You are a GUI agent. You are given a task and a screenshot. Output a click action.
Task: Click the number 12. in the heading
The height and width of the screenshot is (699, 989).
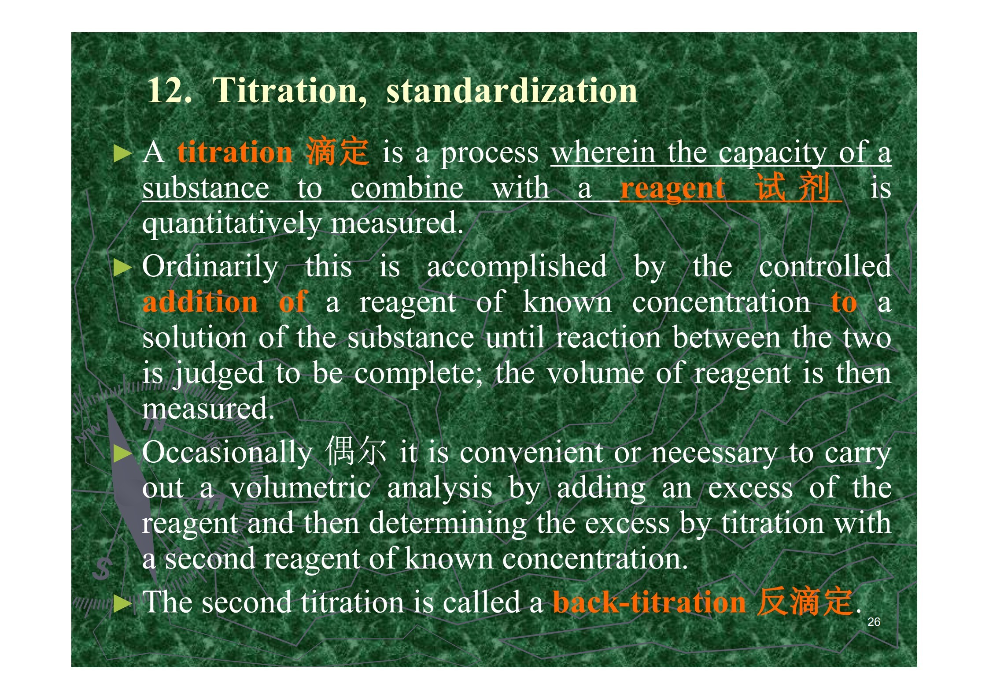click(x=170, y=90)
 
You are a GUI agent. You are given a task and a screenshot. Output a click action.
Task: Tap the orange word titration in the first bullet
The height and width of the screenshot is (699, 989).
click(x=235, y=152)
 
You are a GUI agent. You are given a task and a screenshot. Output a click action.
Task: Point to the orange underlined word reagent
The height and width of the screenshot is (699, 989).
click(x=672, y=189)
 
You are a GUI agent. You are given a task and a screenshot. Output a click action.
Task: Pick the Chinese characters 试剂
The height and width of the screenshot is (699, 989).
click(x=793, y=187)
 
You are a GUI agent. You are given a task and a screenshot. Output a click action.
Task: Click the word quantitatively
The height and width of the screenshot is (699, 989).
click(x=232, y=224)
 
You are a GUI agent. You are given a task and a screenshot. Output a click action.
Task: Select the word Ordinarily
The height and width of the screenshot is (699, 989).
click(x=210, y=267)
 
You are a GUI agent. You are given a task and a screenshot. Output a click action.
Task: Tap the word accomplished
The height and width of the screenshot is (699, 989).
click(x=517, y=267)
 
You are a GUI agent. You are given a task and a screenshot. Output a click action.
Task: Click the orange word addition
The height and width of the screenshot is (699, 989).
click(x=200, y=302)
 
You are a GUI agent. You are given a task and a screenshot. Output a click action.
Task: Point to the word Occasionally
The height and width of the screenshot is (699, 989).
click(x=227, y=453)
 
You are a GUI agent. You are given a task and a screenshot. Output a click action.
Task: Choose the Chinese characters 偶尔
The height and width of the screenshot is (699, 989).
click(x=356, y=451)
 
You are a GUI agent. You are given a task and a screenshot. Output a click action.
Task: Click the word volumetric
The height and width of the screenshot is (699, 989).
click(x=300, y=488)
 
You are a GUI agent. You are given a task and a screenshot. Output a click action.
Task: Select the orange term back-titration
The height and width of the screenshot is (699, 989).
click(x=649, y=602)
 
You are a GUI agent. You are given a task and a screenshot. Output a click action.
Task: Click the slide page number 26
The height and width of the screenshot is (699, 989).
click(x=874, y=622)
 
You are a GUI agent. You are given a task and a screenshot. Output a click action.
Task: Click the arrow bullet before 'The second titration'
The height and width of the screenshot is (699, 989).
click(x=123, y=604)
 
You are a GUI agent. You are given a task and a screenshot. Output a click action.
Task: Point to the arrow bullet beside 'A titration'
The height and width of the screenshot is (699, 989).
click(x=123, y=154)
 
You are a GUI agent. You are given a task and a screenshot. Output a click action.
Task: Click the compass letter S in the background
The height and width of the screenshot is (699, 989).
click(x=102, y=569)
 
